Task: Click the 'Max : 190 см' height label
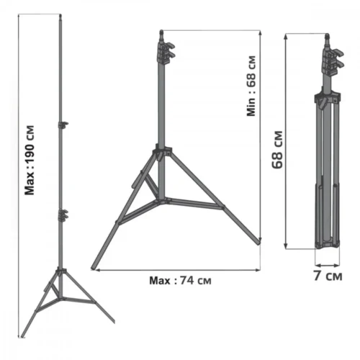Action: tap(30, 159)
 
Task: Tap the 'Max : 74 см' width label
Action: tap(181, 280)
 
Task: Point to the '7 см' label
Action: tap(328, 275)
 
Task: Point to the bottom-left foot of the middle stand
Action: tap(94, 267)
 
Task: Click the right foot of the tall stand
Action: tap(112, 320)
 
